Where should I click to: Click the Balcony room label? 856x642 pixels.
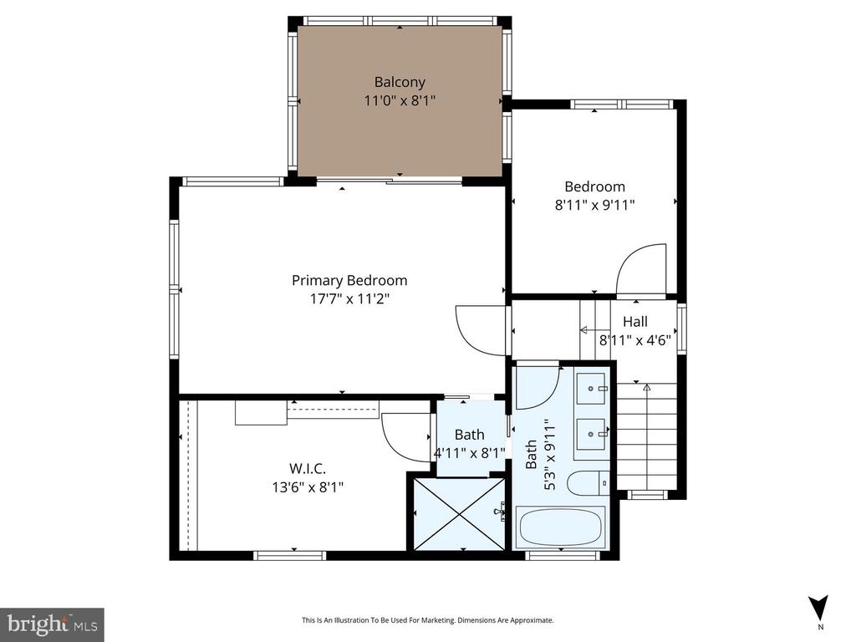pos(400,82)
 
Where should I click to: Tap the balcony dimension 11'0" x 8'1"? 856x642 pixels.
pos(400,99)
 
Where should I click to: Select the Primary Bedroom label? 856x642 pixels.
pos(349,280)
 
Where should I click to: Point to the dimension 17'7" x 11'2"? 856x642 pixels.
pos(349,298)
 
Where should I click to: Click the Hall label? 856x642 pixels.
pos(634,322)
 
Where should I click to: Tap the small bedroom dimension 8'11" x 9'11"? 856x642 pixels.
pos(594,205)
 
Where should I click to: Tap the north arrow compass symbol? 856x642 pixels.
pos(818,609)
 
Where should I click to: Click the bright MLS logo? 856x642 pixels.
pos(52,624)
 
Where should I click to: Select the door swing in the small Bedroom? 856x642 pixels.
pos(642,269)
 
